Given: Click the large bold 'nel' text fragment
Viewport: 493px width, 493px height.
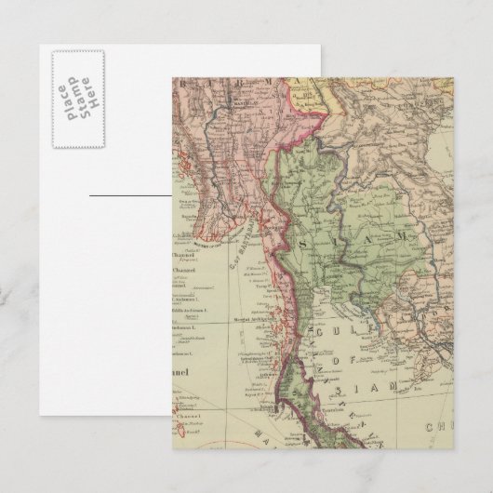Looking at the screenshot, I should click(187, 375).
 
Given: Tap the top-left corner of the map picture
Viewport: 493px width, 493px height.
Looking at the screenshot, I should click(173, 80).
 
